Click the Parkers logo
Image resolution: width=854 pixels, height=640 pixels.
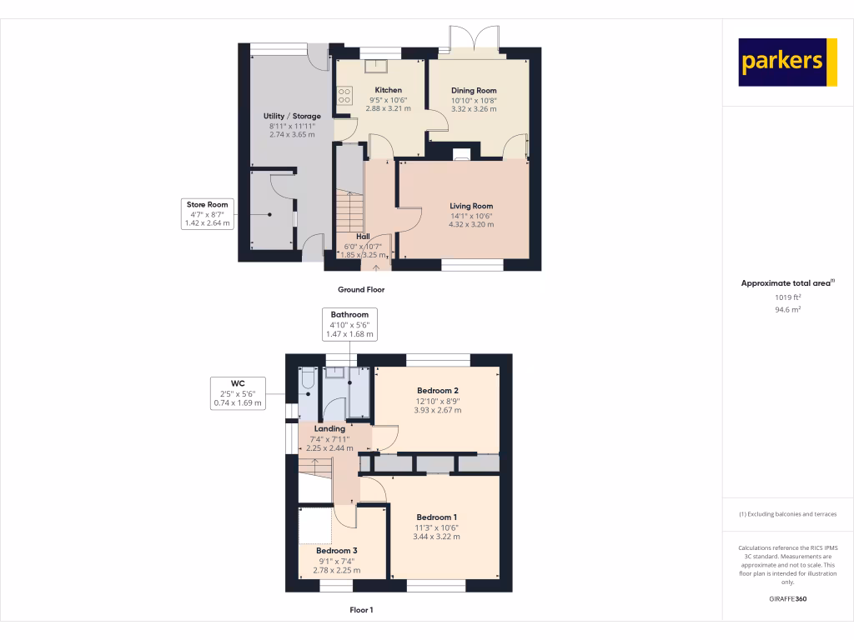coord(787,62)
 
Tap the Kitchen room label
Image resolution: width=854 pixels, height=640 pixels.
coord(388,90)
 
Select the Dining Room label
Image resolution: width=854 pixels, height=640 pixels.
coord(474,91)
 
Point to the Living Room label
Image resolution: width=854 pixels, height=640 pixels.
coord(471,206)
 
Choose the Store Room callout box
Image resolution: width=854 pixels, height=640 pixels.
coord(207,213)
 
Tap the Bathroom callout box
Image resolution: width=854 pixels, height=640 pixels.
coord(349,324)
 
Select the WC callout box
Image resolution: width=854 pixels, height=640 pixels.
coord(238,393)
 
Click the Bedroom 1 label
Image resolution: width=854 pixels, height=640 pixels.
coord(436,517)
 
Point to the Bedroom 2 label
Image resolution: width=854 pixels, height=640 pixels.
coord(438,391)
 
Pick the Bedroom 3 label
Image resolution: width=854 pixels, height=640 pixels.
coord(336,551)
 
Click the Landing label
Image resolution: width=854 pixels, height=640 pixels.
coord(329,429)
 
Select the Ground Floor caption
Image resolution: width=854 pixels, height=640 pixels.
coord(360,290)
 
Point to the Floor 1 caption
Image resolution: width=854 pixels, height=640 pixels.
coord(361,610)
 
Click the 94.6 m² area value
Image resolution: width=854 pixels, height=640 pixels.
coord(787,309)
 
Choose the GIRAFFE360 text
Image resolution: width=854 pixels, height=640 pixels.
coord(787,599)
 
